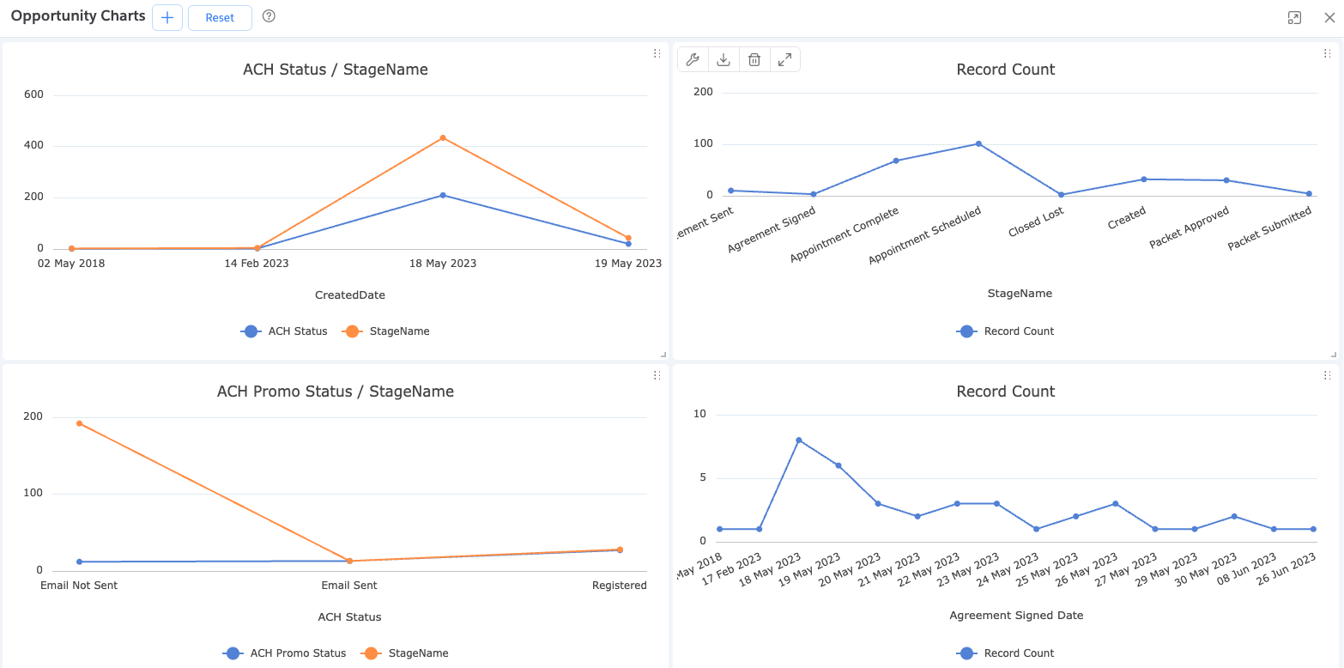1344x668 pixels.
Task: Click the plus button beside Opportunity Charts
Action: coord(167,17)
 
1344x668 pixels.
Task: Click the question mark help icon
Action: coord(269,16)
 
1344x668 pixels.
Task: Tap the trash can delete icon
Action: coord(754,59)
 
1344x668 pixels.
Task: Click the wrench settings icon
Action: coord(693,59)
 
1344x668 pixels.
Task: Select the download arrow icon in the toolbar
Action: coord(723,59)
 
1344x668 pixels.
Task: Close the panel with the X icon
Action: coord(1329,17)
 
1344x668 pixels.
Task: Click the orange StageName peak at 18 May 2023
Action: coord(443,137)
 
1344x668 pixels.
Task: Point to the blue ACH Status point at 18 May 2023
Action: coord(443,195)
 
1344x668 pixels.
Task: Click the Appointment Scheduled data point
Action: coord(978,143)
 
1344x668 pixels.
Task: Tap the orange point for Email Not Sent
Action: coord(79,423)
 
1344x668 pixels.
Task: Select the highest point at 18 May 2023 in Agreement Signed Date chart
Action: coord(798,440)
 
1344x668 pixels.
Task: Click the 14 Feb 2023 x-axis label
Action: coord(257,263)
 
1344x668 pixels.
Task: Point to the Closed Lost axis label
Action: coord(1037,222)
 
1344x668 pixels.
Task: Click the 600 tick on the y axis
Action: coord(33,94)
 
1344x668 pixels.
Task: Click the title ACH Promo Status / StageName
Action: coord(336,392)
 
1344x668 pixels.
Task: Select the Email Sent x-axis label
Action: coord(349,585)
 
